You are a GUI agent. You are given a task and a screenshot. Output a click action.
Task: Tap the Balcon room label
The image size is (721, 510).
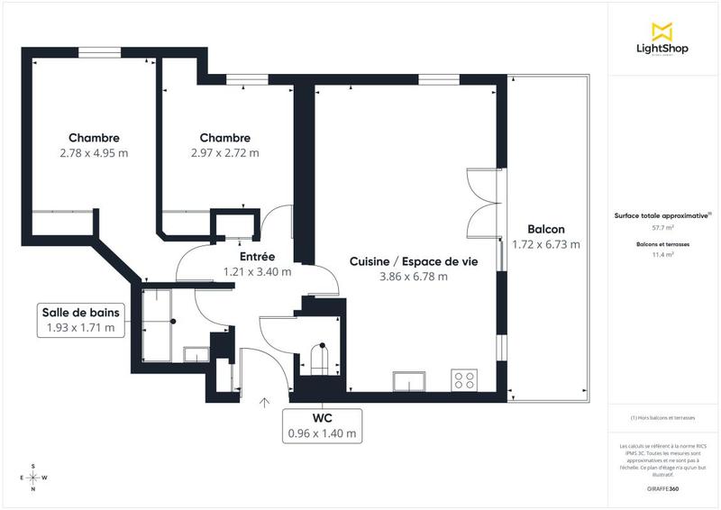click(x=545, y=230)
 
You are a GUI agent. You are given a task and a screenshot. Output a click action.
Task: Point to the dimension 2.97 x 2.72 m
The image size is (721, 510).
click(x=224, y=153)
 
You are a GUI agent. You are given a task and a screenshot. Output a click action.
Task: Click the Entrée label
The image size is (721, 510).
click(x=257, y=257)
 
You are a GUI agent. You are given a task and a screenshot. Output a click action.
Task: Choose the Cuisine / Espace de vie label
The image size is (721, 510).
click(x=413, y=261)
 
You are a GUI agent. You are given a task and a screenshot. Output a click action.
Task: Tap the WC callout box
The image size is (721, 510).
click(x=322, y=426)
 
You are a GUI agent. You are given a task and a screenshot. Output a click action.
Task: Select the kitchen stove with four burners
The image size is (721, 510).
click(x=465, y=380)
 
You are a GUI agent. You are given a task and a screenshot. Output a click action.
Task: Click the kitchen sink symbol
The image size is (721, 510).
click(x=407, y=381)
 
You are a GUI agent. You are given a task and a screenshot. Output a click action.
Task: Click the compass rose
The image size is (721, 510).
click(x=33, y=478)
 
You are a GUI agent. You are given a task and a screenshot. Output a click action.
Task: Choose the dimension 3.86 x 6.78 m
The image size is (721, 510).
click(x=413, y=277)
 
